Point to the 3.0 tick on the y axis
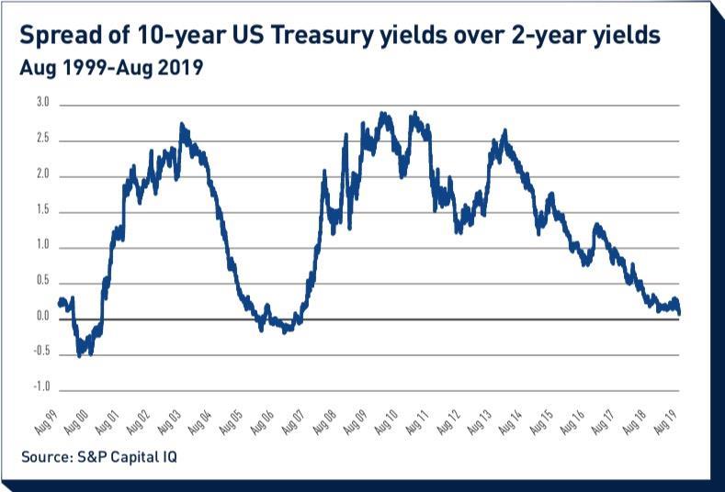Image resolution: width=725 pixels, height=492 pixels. [42, 105]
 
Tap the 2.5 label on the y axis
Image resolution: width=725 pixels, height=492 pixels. [42, 140]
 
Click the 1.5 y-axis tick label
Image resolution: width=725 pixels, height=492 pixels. [42, 212]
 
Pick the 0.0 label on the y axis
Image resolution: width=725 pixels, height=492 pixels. [42, 319]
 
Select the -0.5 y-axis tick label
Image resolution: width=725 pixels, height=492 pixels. [40, 354]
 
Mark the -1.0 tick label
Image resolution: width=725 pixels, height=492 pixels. [40, 390]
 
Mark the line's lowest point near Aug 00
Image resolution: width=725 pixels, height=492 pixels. [79, 354]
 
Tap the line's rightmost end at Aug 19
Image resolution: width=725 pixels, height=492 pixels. [680, 313]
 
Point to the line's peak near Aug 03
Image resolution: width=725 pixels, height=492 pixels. [182, 124]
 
